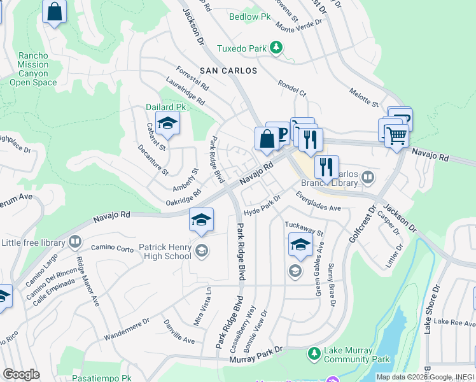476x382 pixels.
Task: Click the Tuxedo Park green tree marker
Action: point(276,48)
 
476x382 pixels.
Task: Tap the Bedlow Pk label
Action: point(246,17)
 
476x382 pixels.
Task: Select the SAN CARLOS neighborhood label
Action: point(228,71)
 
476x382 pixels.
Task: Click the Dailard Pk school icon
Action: point(167,123)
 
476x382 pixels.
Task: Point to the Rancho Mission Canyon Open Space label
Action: point(33,69)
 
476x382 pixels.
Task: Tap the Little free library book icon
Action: point(75,242)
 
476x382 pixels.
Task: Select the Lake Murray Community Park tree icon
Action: point(313,353)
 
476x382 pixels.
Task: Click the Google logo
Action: point(21,374)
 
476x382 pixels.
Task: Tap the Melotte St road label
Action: point(363,98)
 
